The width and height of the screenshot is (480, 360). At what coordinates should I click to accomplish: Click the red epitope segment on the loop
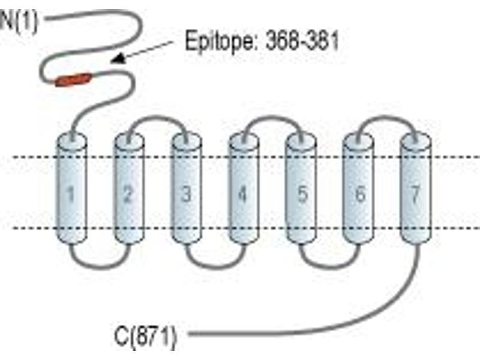(x=73, y=80)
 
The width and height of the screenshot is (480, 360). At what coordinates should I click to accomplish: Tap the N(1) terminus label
(x=19, y=22)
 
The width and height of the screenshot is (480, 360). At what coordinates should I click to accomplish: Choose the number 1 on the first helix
(x=71, y=194)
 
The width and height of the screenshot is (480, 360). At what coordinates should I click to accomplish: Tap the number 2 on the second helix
(x=128, y=194)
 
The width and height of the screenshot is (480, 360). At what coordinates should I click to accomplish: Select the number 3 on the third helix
(x=186, y=194)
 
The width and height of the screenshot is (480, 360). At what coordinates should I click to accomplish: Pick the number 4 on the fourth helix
(x=242, y=194)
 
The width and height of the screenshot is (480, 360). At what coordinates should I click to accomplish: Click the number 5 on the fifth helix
(x=302, y=194)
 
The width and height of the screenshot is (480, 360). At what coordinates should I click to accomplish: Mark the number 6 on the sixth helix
(x=361, y=194)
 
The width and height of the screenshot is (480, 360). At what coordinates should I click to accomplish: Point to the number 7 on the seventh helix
(x=415, y=194)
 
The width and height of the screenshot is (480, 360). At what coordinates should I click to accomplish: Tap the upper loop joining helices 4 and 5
(x=272, y=116)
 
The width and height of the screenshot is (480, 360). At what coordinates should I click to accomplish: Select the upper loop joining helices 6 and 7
(x=387, y=116)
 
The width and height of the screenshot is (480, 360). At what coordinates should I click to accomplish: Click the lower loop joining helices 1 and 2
(x=100, y=268)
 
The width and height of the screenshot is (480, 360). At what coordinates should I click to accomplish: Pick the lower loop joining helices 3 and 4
(x=216, y=268)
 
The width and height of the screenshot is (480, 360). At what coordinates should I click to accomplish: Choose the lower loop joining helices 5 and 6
(x=330, y=268)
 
